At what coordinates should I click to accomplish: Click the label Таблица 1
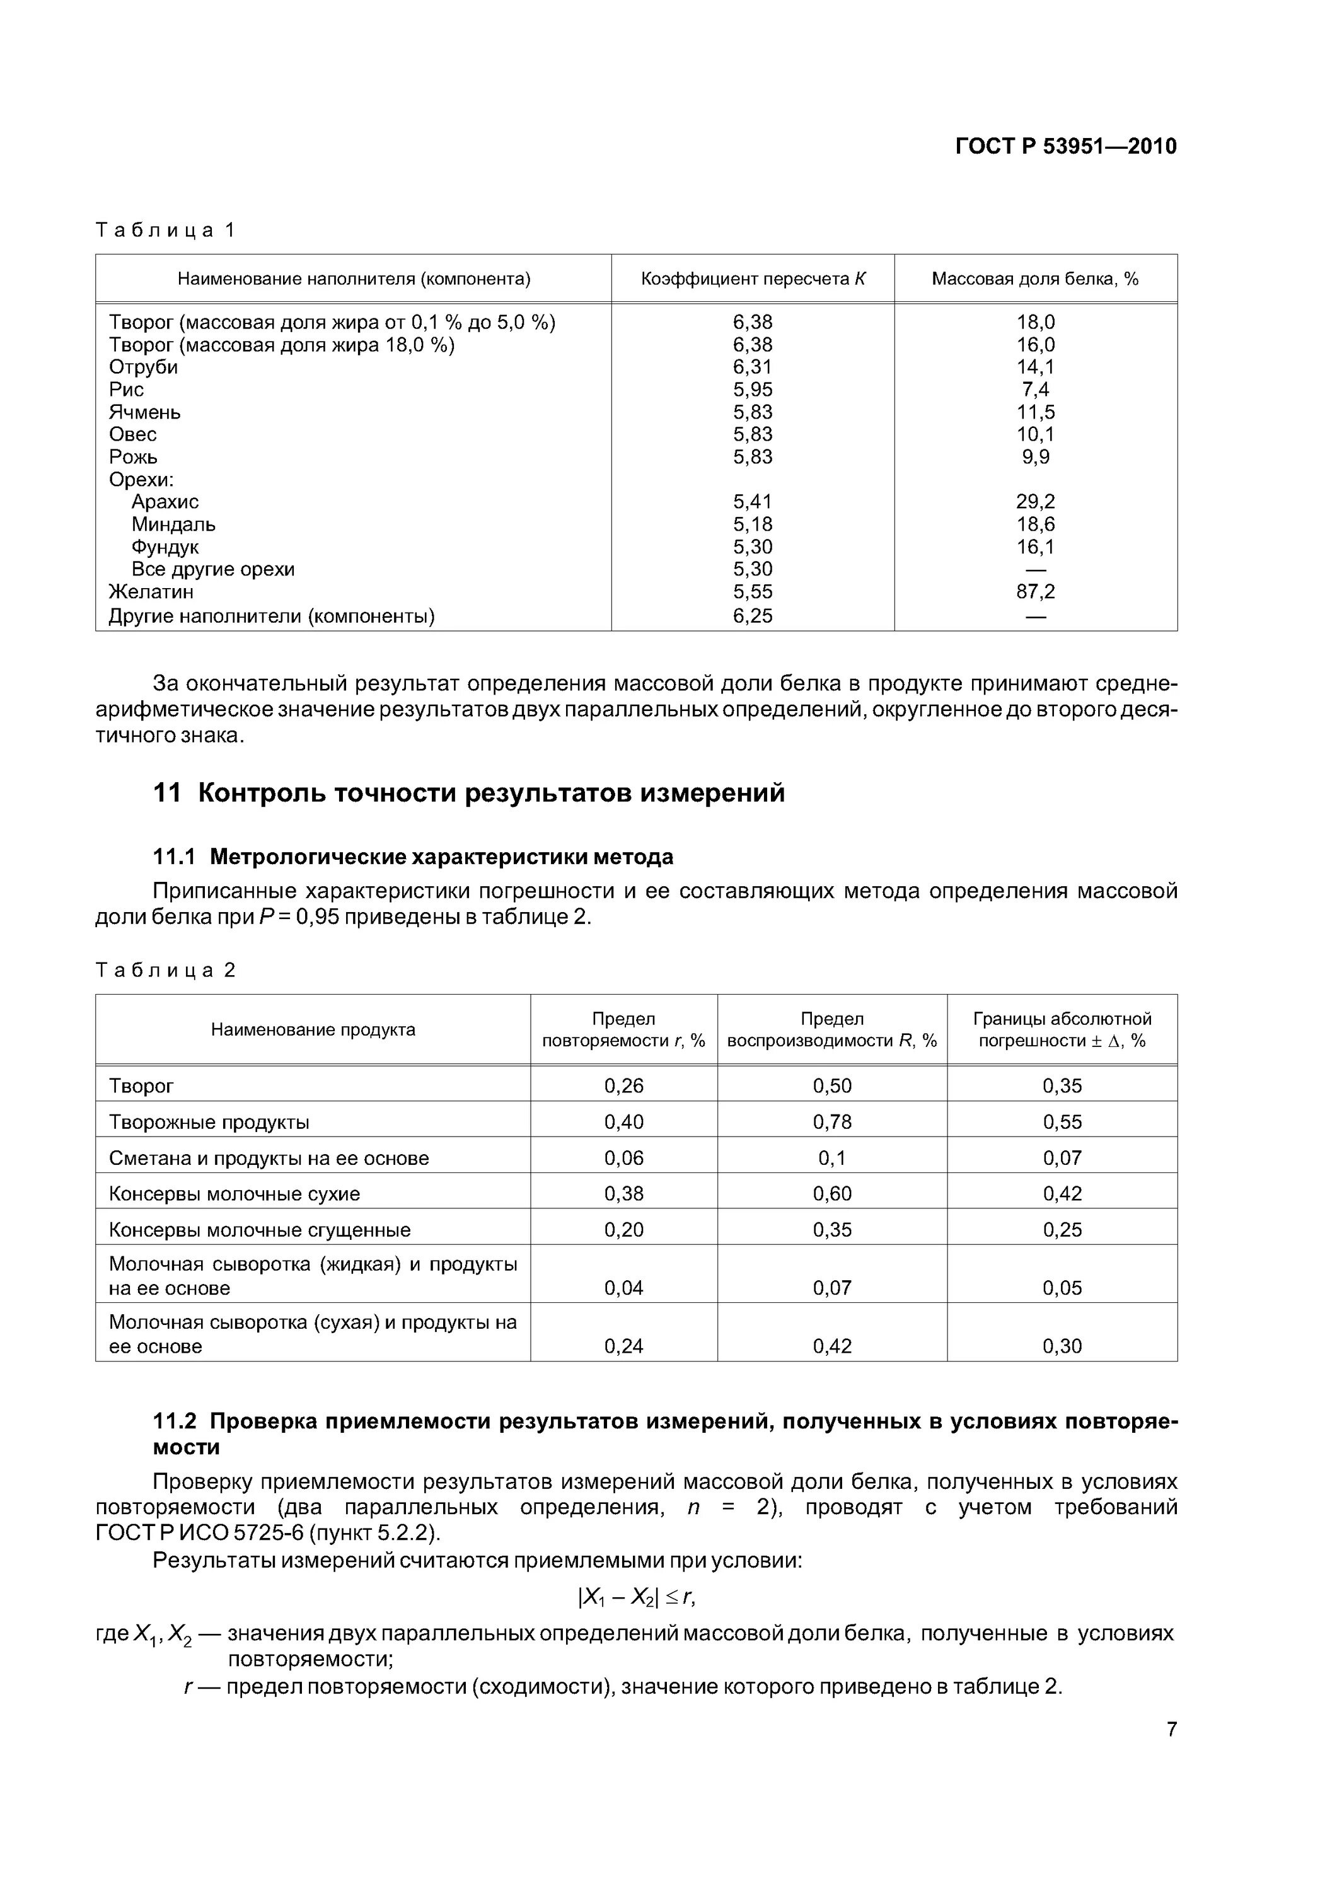166,230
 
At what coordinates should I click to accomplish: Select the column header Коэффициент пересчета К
752,279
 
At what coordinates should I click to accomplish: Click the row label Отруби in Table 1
143,367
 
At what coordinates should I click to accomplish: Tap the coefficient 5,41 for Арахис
752,502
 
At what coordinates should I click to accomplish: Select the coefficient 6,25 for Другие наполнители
752,616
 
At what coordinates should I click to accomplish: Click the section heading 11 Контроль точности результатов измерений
469,793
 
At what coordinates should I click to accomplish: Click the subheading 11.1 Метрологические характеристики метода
413,857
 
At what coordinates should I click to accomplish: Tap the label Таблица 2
166,970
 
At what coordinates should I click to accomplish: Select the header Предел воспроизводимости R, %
831,1029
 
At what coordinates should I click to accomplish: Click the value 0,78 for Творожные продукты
831,1122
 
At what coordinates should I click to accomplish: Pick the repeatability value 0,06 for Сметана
623,1158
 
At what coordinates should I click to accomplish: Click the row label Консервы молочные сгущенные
260,1230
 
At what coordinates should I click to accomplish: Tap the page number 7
1171,1729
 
